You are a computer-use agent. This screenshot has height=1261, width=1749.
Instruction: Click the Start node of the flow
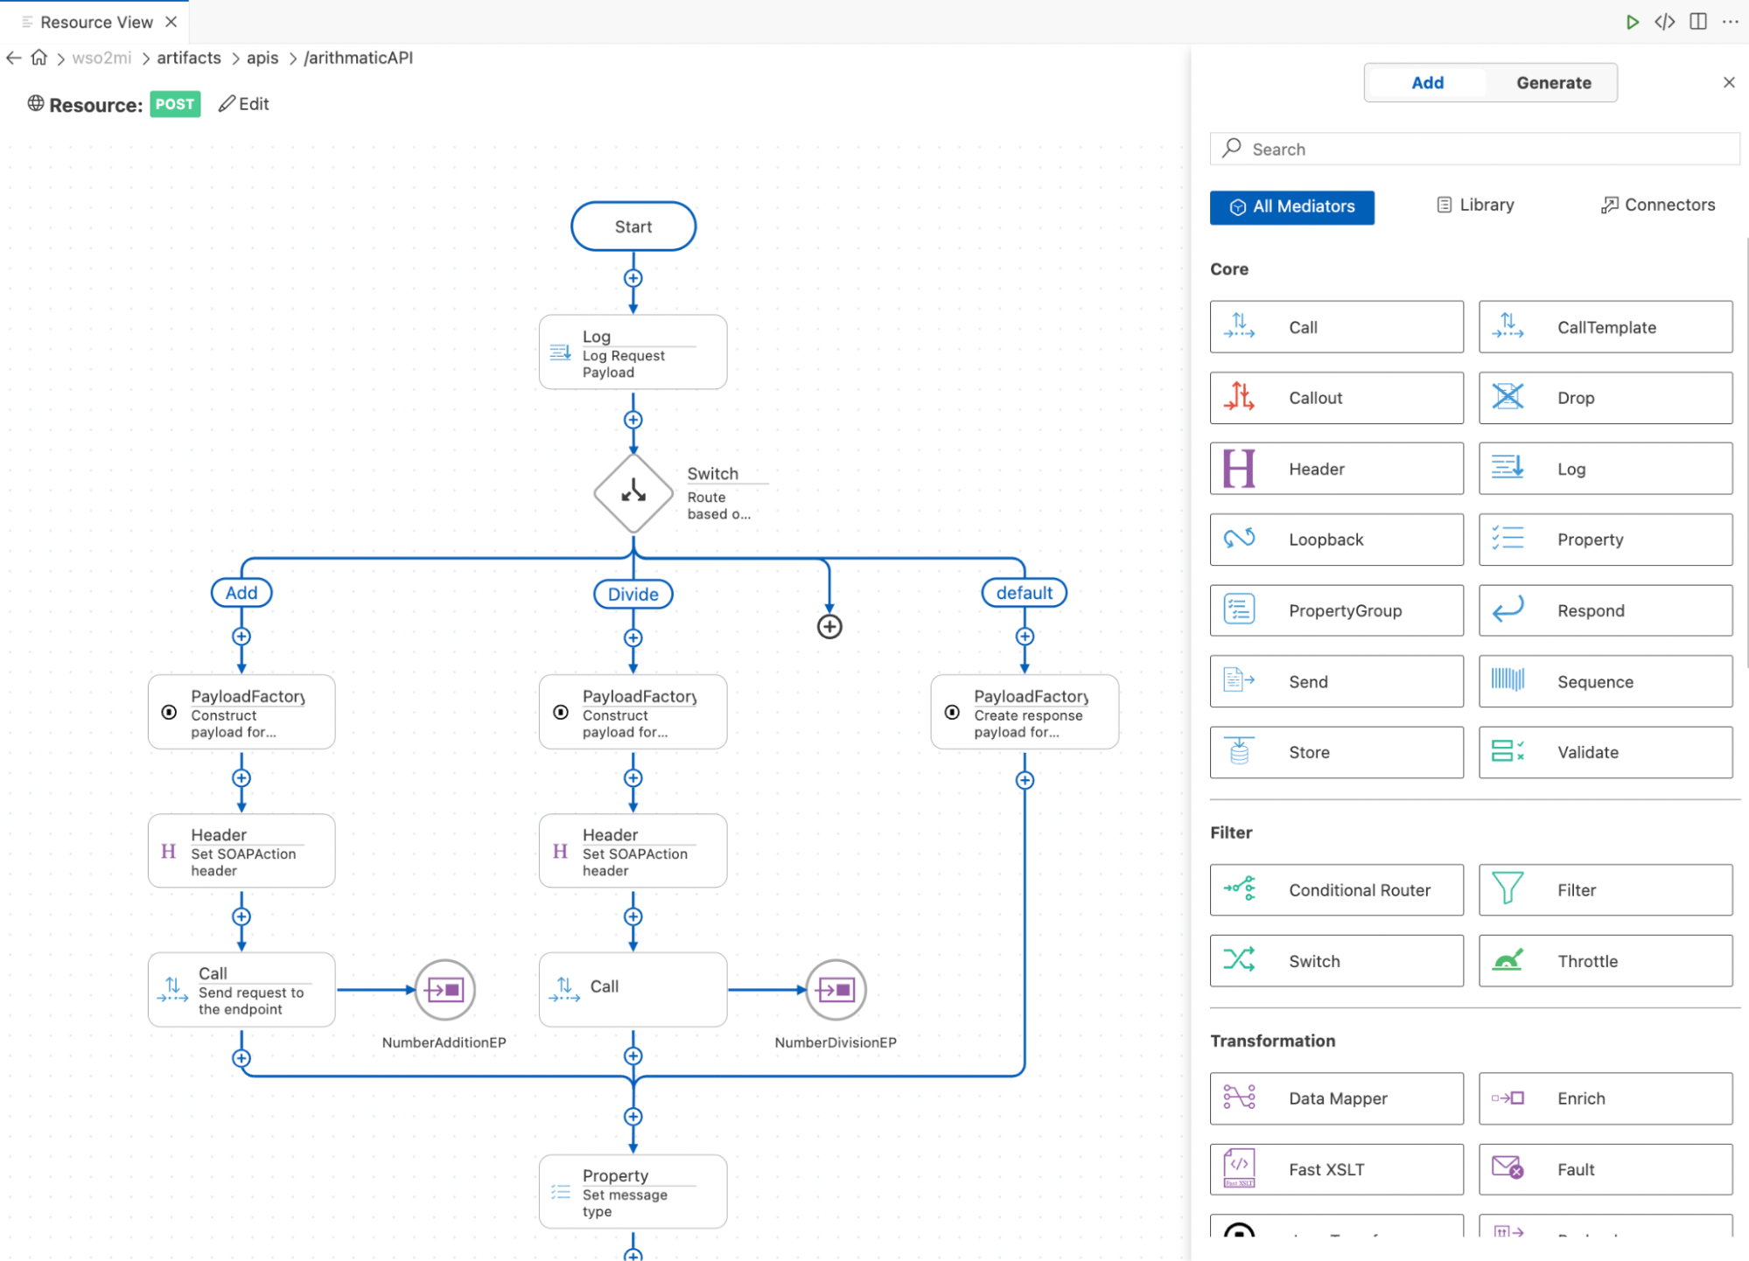(x=633, y=226)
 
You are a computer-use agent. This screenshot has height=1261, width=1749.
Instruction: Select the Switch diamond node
(x=633, y=493)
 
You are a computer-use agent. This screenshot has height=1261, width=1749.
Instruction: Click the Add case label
(x=241, y=593)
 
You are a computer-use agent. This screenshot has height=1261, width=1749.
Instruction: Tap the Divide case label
(x=633, y=595)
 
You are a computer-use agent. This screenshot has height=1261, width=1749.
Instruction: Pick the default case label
(x=1024, y=593)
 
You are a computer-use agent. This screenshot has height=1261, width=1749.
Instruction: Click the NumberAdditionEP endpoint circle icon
(x=444, y=990)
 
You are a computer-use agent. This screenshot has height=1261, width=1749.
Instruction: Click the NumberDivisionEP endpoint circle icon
(x=836, y=990)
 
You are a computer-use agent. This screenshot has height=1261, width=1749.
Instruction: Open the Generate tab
(x=1553, y=83)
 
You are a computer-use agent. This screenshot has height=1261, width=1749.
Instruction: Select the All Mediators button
(x=1291, y=207)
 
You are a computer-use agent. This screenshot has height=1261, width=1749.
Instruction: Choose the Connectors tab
(x=1658, y=206)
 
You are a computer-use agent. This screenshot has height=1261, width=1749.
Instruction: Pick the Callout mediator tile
(x=1336, y=398)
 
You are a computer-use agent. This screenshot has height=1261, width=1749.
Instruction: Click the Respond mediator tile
(x=1605, y=611)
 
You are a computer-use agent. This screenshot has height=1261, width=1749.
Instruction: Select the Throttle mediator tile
(x=1605, y=961)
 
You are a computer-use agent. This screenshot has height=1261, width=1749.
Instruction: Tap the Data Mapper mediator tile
(x=1336, y=1098)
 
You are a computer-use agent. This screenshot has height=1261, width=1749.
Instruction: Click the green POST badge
(x=175, y=104)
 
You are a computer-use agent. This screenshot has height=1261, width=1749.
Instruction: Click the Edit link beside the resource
(x=244, y=104)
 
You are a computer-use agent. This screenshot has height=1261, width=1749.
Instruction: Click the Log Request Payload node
(x=633, y=353)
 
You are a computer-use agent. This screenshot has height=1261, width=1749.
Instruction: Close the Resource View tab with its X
(x=171, y=22)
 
